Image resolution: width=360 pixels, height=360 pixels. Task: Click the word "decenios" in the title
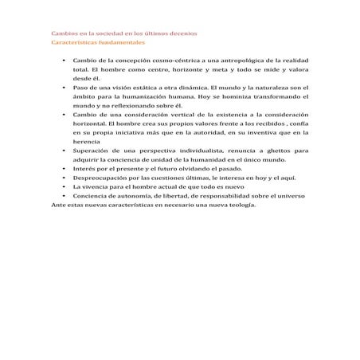pyautogui.click(x=193, y=33)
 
